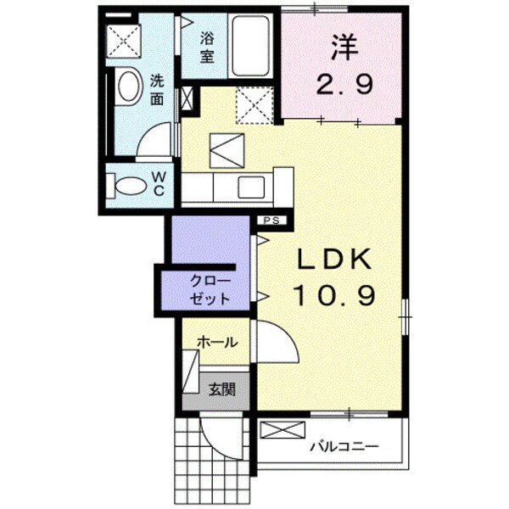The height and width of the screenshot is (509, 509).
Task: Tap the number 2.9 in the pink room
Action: (345, 85)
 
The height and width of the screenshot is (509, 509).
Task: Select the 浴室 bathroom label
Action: (208, 48)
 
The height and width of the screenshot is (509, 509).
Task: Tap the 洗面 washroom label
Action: (158, 90)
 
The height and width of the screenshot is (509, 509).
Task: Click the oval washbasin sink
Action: (129, 86)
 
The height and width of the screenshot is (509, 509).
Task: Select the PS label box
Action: (273, 221)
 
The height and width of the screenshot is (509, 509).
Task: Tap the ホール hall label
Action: (217, 342)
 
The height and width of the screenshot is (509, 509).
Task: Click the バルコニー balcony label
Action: (344, 445)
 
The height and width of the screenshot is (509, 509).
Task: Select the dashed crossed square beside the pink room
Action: (254, 103)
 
